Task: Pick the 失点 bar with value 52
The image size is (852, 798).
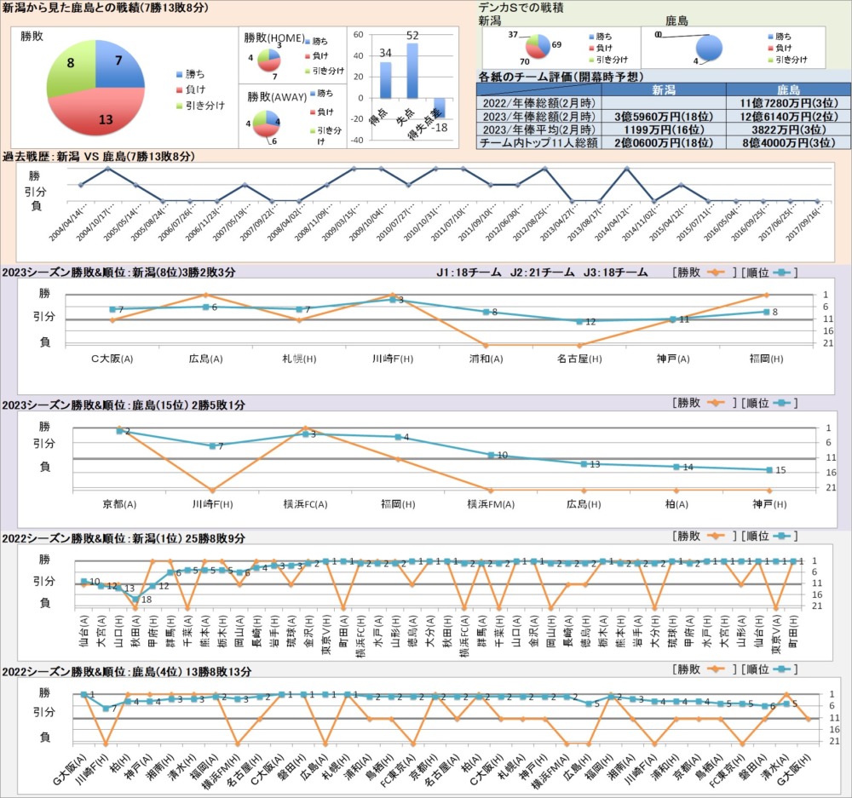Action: coord(412,70)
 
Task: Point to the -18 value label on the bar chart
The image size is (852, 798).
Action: coord(440,127)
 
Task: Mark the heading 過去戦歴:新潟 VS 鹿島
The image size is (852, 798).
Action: coord(99,157)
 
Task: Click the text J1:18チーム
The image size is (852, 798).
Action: coord(468,273)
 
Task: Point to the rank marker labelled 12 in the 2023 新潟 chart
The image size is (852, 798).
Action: coord(579,321)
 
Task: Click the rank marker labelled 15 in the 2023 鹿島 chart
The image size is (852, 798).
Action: coord(769,469)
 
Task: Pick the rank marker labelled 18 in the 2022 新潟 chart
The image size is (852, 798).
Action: coord(135,600)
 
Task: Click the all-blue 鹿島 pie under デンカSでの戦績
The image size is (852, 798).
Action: coord(709,49)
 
